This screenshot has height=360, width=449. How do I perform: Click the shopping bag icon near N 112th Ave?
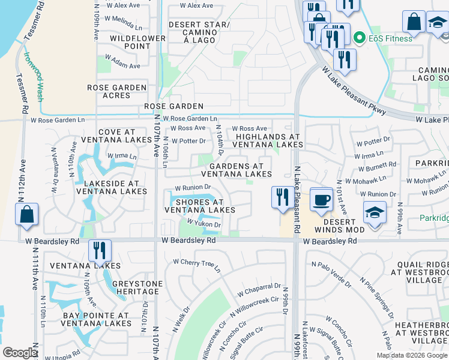pos(27,215)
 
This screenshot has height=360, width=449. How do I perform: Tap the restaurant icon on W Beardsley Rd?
pos(100,250)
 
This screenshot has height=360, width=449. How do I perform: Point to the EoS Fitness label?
pos(390,38)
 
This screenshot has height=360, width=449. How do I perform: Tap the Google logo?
pos(20,353)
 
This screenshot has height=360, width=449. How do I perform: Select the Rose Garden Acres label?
pos(117,91)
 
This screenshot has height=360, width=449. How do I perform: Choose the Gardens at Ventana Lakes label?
pos(236,170)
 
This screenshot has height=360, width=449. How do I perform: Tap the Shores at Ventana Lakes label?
pos(200,206)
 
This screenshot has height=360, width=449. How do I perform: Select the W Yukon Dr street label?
pos(205,223)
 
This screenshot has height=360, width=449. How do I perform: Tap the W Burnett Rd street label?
pos(376,164)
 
